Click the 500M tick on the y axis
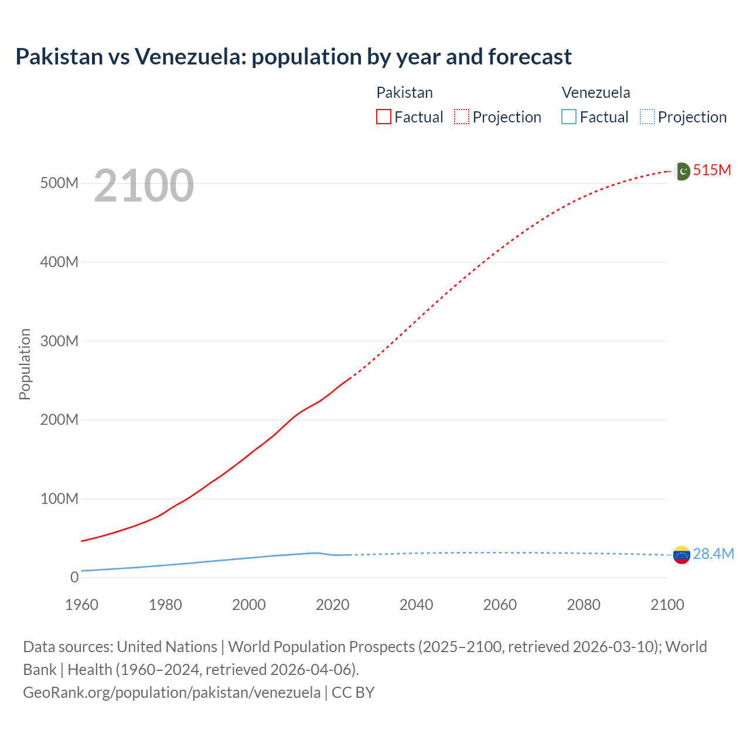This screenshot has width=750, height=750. coord(59,183)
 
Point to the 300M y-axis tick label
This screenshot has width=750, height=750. coord(59,341)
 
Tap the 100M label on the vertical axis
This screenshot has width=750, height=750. coord(59,499)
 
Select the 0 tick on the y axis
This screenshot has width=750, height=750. coord(74,577)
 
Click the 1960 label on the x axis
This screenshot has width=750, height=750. coord(81,605)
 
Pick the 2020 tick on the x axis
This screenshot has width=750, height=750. coord(332,605)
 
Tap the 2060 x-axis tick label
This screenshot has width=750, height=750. coord(500,605)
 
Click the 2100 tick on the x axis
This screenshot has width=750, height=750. coord(667,605)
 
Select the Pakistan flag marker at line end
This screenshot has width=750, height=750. coord(681,171)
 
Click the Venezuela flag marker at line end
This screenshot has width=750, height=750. coord(681,554)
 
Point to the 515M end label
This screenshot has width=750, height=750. coord(712,171)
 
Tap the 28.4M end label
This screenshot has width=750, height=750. coord(713,554)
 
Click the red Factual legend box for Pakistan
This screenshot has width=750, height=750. coord(384,117)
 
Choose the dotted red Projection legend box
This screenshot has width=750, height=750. coord(462,117)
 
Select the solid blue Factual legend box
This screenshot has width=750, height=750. coord(569,117)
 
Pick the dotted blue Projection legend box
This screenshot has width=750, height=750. coord(647,117)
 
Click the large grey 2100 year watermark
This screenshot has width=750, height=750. coord(144,186)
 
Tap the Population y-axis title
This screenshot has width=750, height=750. coord(25,364)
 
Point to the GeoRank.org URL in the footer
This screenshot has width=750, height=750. coord(172,693)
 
